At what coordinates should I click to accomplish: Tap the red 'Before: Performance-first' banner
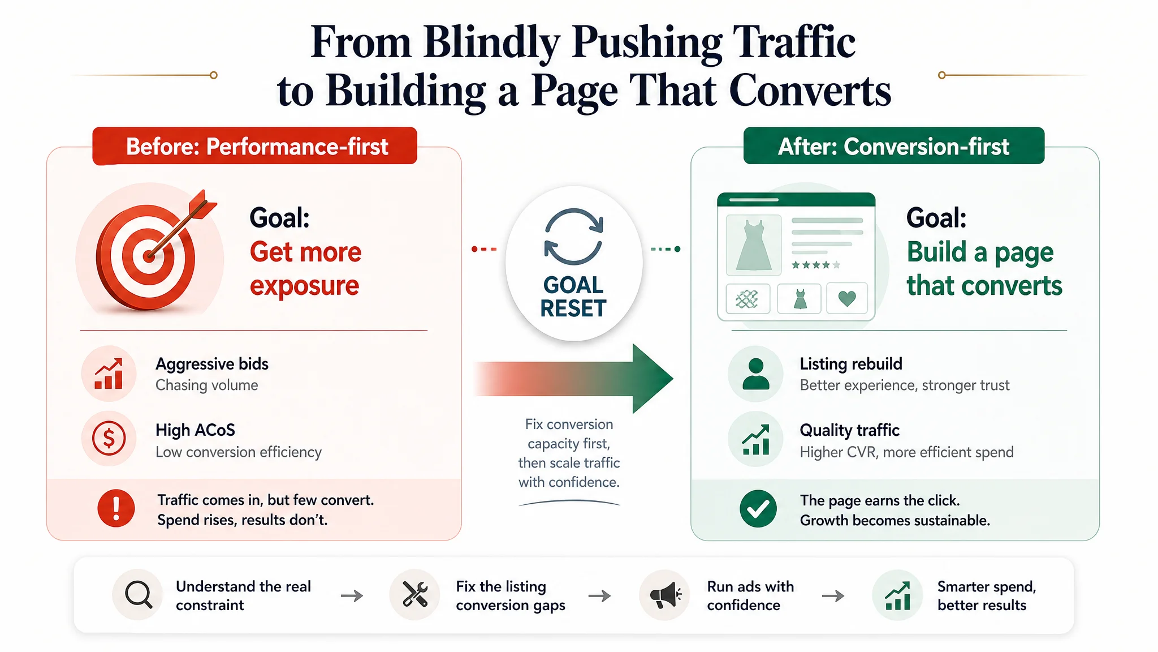point(255,146)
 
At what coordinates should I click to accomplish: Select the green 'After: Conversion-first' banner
point(893,146)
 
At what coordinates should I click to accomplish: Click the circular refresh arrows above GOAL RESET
point(573,237)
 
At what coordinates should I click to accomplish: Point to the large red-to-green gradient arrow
point(573,379)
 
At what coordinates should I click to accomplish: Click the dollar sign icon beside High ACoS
point(109,439)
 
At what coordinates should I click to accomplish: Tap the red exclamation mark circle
point(116,508)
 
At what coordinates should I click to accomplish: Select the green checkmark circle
point(758,509)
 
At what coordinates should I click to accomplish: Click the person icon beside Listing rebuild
point(756,374)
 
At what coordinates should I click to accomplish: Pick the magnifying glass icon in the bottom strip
point(139,595)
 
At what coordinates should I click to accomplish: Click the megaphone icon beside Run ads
point(665,595)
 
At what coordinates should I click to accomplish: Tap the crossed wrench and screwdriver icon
point(414,595)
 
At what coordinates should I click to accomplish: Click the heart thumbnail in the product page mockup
point(847,298)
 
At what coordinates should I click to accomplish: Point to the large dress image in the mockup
point(754,245)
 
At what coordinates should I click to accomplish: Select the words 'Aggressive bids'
point(212,364)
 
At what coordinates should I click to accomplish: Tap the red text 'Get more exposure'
point(305,269)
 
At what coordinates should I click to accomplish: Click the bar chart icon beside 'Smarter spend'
point(897,595)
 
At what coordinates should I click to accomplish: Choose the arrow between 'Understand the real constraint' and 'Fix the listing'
point(352,595)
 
